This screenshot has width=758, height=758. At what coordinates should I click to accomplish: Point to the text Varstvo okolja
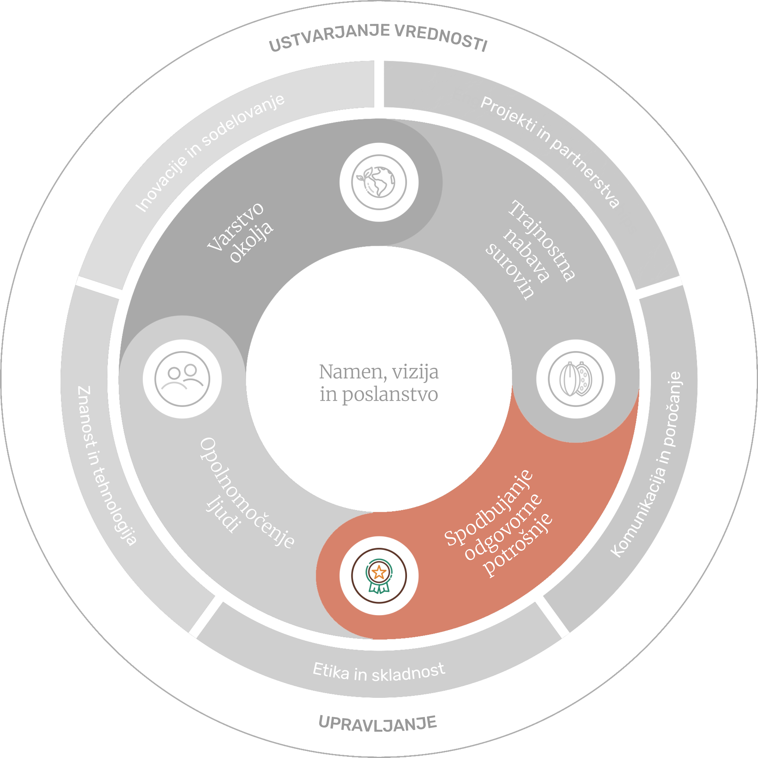[240, 232]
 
